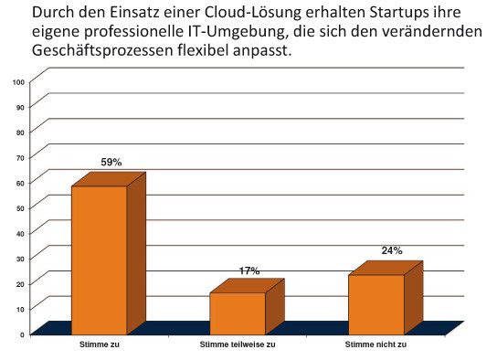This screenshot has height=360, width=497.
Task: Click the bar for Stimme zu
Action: pos(99,260)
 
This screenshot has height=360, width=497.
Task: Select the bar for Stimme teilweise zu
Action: pos(238,313)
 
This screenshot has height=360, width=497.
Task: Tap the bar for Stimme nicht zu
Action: pos(375,304)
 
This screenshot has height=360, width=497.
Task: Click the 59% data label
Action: pos(111,162)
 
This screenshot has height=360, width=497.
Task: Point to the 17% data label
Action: pos(248,270)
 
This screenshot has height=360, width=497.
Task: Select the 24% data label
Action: pos(392,250)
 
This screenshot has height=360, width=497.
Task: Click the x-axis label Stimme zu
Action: pos(100,346)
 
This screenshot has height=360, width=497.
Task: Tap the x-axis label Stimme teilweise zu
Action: pos(238,346)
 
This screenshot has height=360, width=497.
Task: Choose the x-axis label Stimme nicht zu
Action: pos(375,346)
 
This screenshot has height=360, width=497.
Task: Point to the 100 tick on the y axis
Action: pos(17,81)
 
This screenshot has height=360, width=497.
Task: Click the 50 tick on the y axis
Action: pos(19,207)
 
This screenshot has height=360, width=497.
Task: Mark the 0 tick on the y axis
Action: pos(21,334)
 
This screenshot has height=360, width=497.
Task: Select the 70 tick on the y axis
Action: pos(19,157)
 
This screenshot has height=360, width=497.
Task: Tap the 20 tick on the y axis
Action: pos(19,283)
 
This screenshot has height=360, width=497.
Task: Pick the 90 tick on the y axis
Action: pos(19,107)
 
